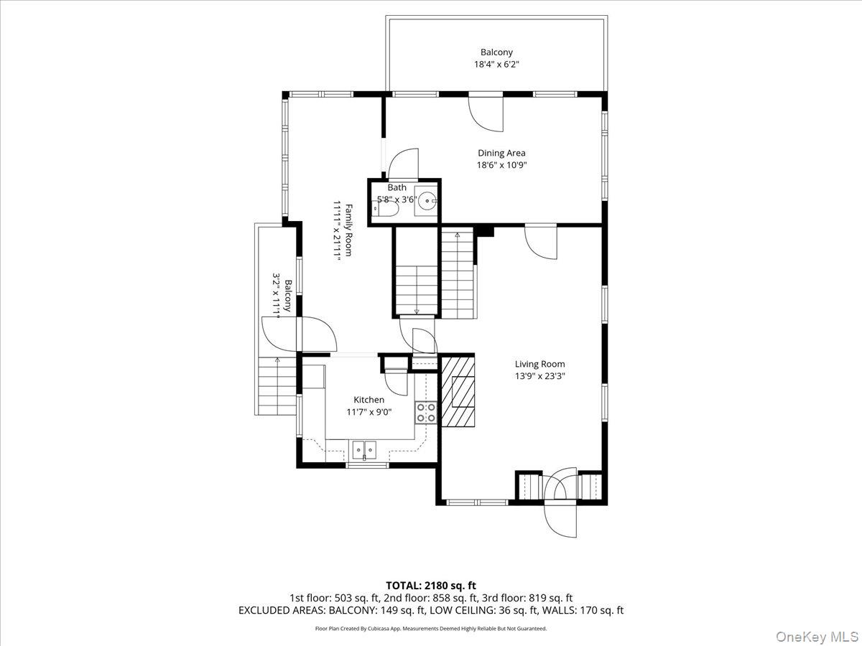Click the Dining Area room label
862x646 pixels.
(x=501, y=153)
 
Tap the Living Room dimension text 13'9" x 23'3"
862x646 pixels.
(x=539, y=375)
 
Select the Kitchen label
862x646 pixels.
(x=369, y=400)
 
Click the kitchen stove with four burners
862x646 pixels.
(x=425, y=412)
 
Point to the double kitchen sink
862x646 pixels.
(x=364, y=449)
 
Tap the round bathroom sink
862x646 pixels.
(x=427, y=200)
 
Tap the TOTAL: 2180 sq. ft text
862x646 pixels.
(x=430, y=586)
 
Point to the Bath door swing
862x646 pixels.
(x=402, y=163)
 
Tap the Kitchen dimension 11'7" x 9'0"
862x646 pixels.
(x=369, y=411)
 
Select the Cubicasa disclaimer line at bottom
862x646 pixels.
(x=430, y=628)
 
